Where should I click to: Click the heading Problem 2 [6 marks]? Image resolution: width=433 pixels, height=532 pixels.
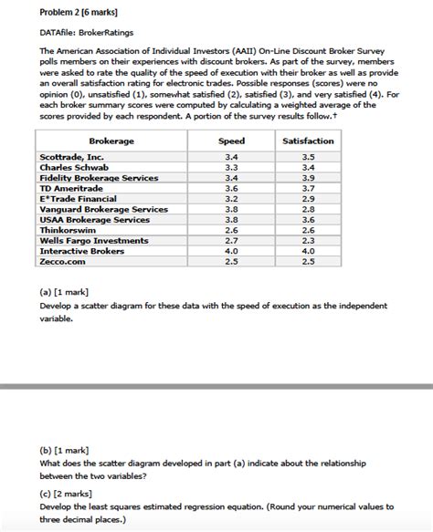(77, 13)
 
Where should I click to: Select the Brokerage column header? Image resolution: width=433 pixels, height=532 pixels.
(111, 141)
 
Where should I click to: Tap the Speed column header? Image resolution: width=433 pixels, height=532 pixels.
(231, 141)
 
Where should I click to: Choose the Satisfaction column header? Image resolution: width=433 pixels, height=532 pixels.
(308, 141)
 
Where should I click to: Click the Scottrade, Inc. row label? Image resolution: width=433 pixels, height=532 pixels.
(72, 158)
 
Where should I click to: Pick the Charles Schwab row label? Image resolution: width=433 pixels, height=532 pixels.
(75, 168)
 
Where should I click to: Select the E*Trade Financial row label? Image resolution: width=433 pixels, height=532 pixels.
(79, 199)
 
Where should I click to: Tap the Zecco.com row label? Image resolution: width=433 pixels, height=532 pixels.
(63, 261)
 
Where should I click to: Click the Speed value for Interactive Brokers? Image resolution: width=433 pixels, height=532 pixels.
(231, 251)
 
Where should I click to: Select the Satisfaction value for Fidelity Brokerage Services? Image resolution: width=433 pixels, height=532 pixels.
(308, 178)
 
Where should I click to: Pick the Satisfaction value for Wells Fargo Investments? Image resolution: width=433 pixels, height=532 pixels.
(308, 241)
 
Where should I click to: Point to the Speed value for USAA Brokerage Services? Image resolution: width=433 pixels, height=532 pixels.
(231, 220)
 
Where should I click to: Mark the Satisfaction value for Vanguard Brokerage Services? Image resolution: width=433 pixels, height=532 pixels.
(308, 209)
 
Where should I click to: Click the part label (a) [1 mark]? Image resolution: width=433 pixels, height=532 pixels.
(63, 293)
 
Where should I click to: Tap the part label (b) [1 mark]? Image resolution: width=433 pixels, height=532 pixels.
(63, 452)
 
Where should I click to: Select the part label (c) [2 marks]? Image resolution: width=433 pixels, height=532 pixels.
(65, 494)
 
